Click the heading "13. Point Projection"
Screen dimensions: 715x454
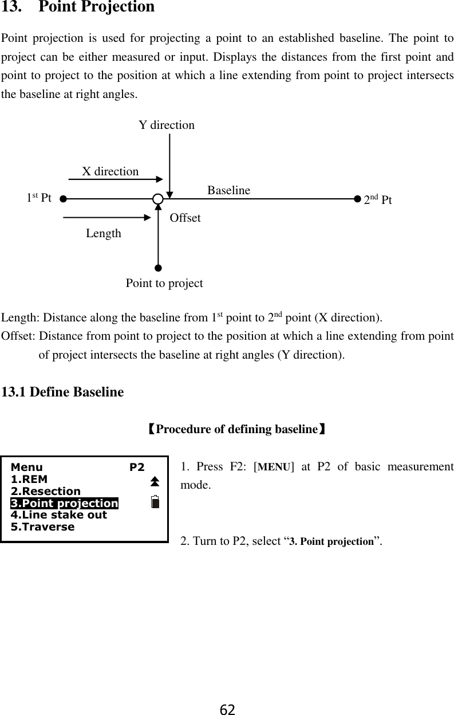(78, 7)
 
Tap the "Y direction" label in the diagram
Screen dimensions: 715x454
(167, 125)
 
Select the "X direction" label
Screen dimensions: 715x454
(110, 171)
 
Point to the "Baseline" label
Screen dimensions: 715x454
(228, 190)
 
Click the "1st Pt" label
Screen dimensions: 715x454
(39, 199)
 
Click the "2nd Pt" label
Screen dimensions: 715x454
(378, 200)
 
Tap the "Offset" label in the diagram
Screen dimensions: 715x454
(185, 218)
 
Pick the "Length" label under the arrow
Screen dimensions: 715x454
(104, 233)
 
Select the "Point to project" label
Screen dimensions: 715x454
(164, 283)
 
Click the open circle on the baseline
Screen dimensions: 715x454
(158, 199)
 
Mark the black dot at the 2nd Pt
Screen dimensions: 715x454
(358, 199)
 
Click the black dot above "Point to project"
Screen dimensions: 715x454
(158, 268)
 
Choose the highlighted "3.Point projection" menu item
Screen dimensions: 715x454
(64, 503)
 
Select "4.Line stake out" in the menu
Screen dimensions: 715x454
(59, 514)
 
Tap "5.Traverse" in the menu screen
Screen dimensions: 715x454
(43, 527)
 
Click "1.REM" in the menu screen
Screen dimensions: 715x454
(29, 479)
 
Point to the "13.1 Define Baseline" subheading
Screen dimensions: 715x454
(63, 392)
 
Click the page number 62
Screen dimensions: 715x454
(227, 709)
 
